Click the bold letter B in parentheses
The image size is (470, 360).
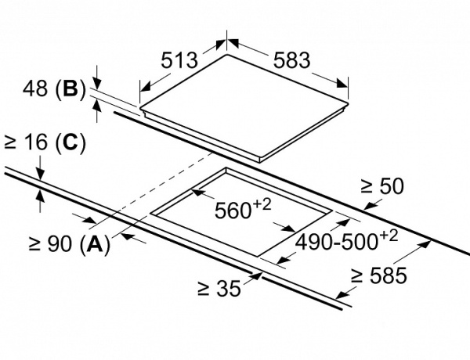pyautogui.click(x=70, y=90)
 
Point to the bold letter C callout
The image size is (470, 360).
pyautogui.click(x=70, y=142)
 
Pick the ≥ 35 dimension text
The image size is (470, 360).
pyautogui.click(x=218, y=289)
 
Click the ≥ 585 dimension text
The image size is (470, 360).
pyautogui.click(x=378, y=275)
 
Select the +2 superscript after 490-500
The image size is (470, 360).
pyautogui.click(x=390, y=235)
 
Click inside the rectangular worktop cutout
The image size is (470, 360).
pyautogui.click(x=235, y=227)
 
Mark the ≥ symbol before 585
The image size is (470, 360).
pyautogui.click(x=357, y=275)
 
